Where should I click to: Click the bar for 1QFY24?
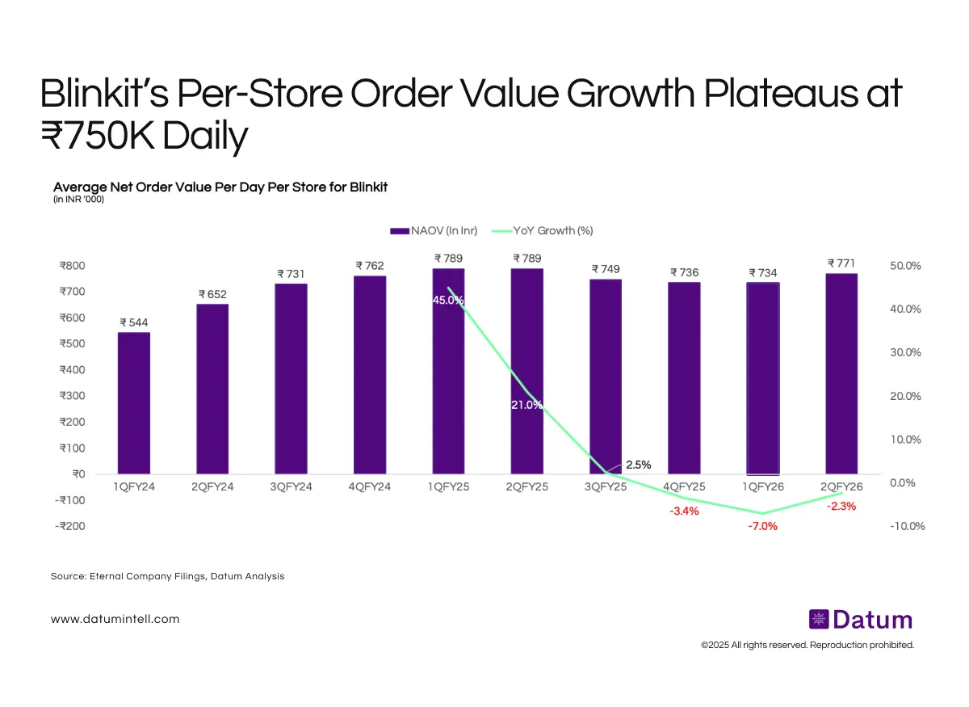pyautogui.click(x=133, y=402)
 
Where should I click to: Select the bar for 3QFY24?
pyautogui.click(x=291, y=378)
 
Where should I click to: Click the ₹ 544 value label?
pyautogui.click(x=133, y=322)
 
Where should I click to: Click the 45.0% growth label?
pyautogui.click(x=448, y=300)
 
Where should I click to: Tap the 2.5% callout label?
pyautogui.click(x=638, y=465)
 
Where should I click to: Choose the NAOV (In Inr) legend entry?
pyautogui.click(x=434, y=230)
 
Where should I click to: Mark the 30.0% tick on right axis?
pyautogui.click(x=904, y=352)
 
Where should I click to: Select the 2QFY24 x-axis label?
pyautogui.click(x=212, y=487)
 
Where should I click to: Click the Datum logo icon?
pyautogui.click(x=818, y=620)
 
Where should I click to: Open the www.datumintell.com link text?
pyautogui.click(x=115, y=619)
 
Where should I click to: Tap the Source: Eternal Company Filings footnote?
pyautogui.click(x=167, y=576)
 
